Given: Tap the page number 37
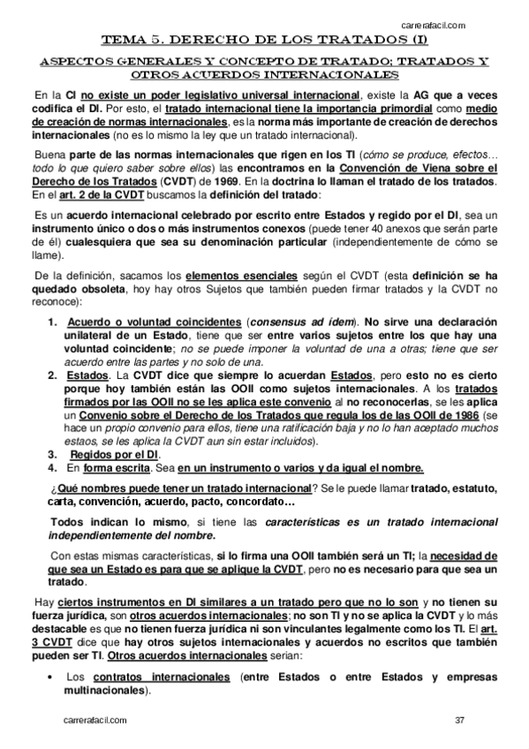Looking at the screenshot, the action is coord(459,721).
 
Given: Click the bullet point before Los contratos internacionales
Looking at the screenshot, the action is coord(57,677).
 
